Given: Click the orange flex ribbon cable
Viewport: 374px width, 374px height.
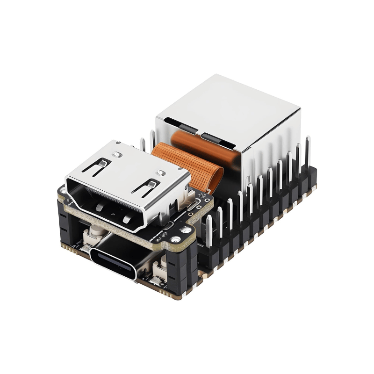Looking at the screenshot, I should click(196, 159).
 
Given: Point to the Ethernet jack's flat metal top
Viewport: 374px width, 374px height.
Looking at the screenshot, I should click(229, 105).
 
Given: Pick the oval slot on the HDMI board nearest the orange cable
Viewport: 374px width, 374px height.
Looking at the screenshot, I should click(193, 207).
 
